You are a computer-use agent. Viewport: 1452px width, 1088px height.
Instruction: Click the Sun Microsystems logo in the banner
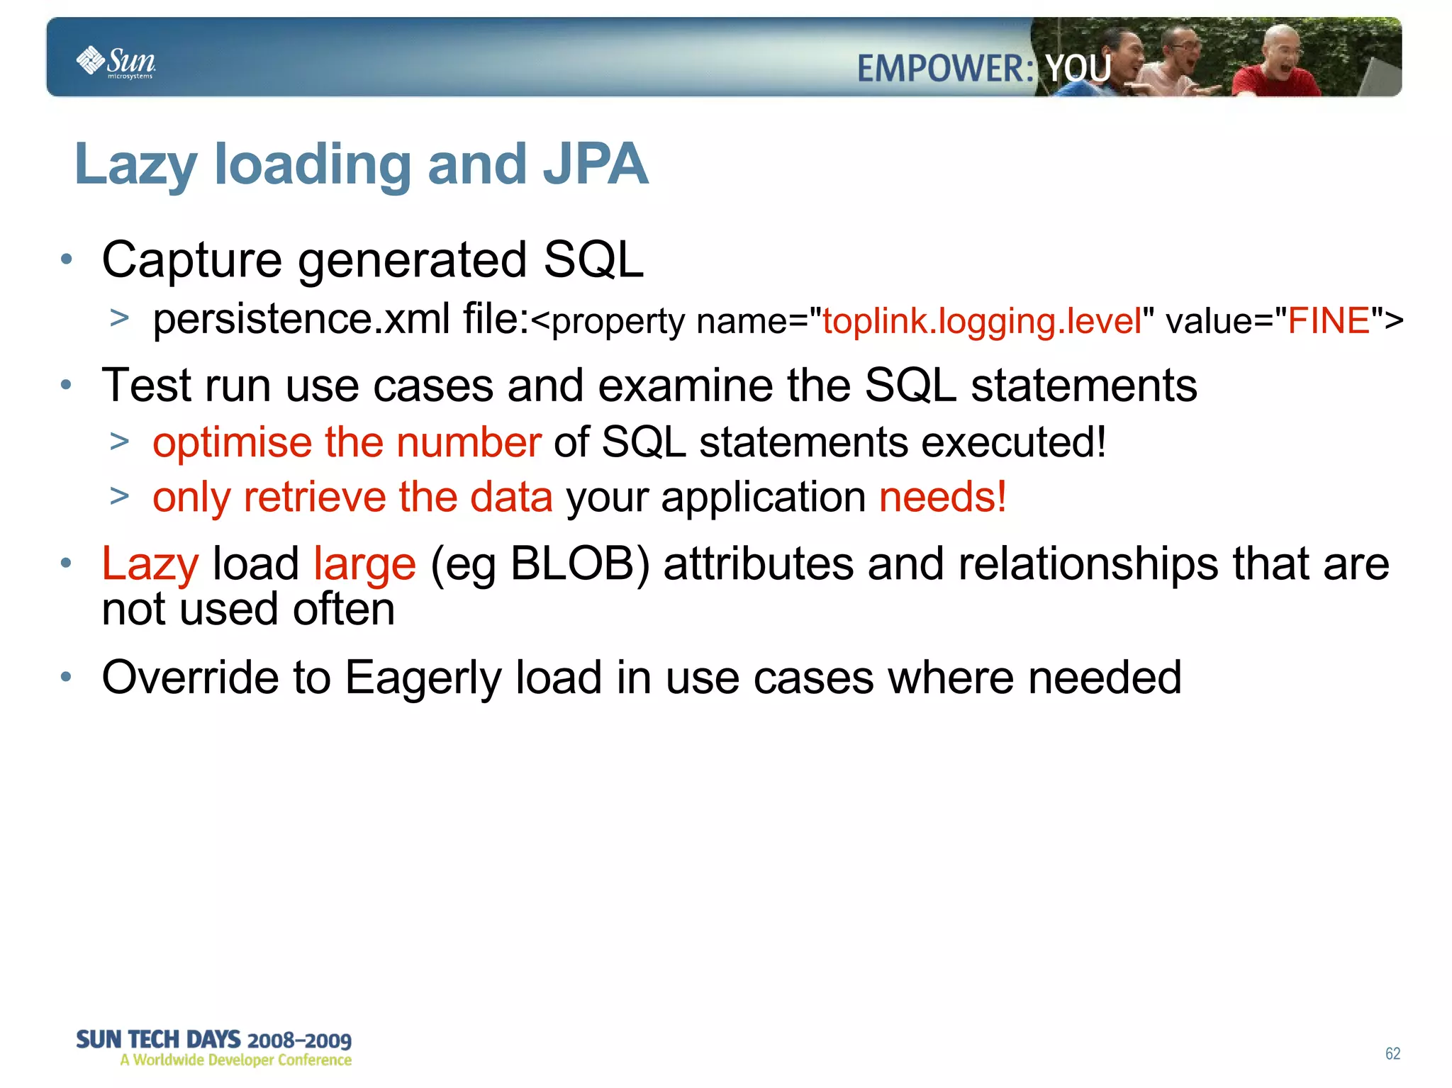click(x=116, y=62)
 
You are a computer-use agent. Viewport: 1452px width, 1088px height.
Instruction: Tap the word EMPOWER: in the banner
click(x=945, y=69)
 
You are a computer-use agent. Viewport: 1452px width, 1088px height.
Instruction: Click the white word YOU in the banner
click(x=1078, y=69)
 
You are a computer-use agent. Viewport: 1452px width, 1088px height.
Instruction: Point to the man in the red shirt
click(x=1276, y=67)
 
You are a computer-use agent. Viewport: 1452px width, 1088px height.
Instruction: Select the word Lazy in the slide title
click(x=135, y=166)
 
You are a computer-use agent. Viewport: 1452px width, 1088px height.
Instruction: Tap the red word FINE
click(x=1328, y=321)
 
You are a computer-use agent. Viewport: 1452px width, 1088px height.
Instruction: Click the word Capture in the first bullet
click(x=192, y=260)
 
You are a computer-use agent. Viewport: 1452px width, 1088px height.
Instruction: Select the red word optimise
click(x=232, y=443)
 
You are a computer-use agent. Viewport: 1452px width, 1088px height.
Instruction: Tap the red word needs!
click(x=942, y=497)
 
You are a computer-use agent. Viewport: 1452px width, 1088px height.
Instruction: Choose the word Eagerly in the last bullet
click(x=423, y=678)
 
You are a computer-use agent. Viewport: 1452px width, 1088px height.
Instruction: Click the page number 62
click(x=1392, y=1054)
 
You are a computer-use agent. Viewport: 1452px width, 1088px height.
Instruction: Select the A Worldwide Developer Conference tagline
click(x=235, y=1060)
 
